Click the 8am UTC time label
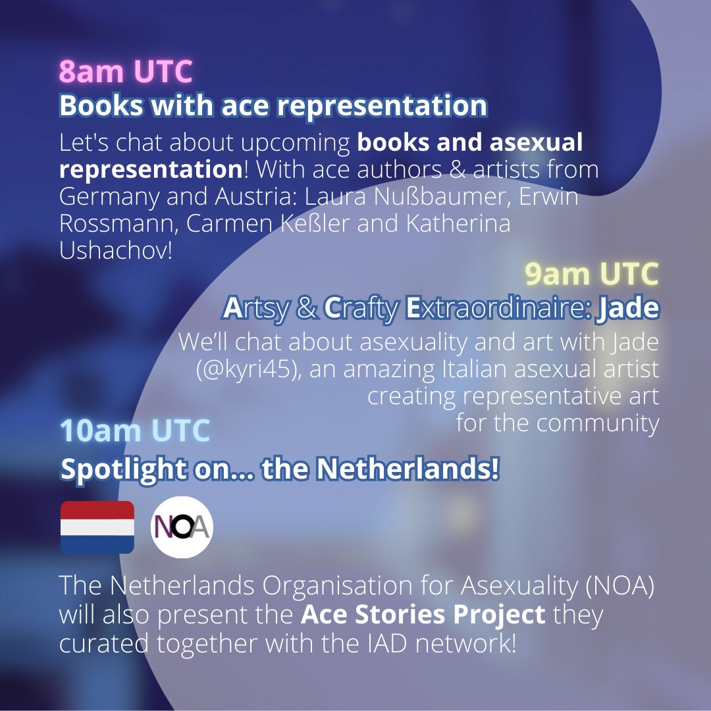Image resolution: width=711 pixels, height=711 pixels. tap(126, 72)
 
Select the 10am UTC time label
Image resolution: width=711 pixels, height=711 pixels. tap(135, 431)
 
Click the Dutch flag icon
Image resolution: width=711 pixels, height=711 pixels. tap(97, 527)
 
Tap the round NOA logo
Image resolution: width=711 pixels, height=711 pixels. tap(182, 527)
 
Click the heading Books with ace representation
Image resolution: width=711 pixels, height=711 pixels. tap(273, 106)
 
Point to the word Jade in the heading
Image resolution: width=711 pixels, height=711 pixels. tap(627, 309)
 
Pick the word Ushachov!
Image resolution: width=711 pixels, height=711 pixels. tap(116, 250)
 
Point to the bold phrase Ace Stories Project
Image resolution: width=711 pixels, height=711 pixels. tap(423, 614)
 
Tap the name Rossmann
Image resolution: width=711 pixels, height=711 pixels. tap(116, 224)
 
